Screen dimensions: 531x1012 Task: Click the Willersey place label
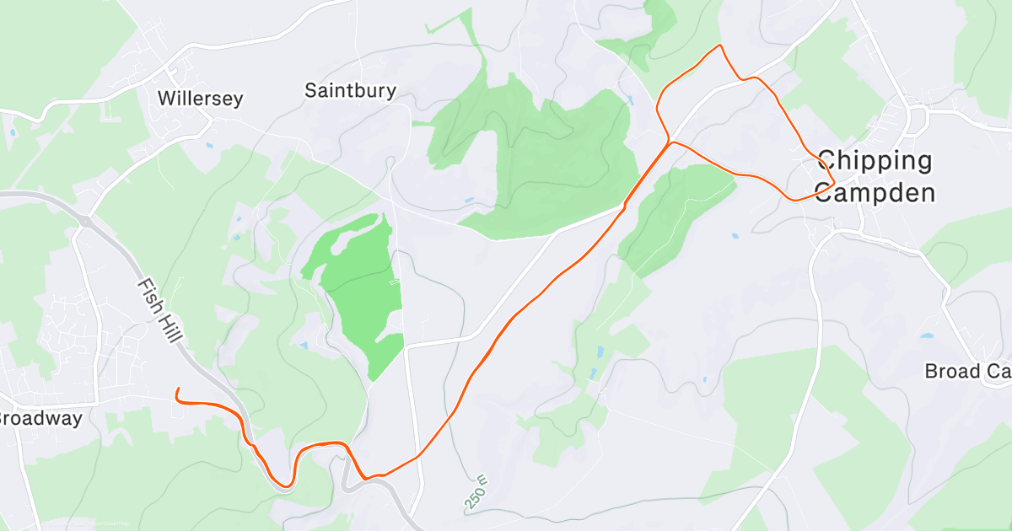coord(201,99)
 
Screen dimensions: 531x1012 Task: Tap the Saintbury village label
coord(350,90)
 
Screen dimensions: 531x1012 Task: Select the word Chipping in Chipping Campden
coord(875,160)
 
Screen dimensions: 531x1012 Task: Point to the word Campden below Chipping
coord(875,193)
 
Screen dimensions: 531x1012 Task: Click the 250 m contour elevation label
coord(477,491)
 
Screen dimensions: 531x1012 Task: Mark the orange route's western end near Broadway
coord(177,389)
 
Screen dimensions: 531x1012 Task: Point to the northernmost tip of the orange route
coord(719,45)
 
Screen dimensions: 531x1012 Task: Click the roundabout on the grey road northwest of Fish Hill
coord(85,221)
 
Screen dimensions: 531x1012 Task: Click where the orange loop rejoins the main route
coord(670,142)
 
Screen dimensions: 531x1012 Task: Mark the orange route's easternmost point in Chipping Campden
coord(834,180)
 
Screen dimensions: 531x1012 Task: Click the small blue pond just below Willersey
coord(208,145)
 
